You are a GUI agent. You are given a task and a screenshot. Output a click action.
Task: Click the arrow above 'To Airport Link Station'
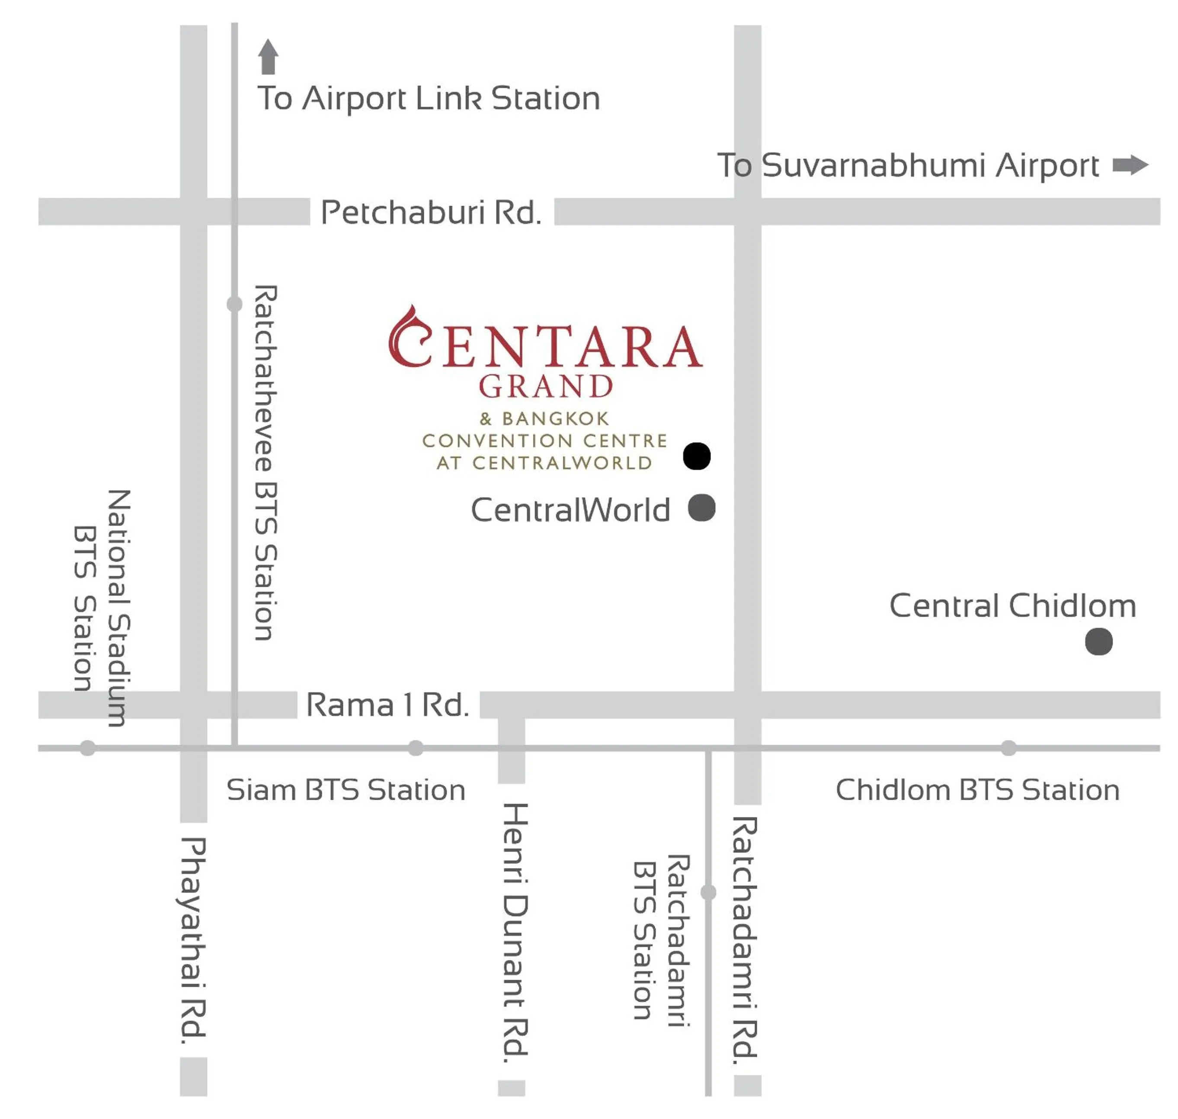coord(268,57)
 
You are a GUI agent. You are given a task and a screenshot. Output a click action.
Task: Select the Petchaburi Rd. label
coord(431,212)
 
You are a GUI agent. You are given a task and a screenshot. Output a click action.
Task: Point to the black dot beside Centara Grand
coord(696,457)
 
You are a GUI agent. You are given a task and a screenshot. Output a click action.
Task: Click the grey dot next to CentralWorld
coord(702,508)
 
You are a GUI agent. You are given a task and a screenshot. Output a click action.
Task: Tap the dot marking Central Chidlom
coord(1099,642)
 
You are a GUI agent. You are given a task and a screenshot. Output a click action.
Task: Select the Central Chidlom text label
coord(1012,606)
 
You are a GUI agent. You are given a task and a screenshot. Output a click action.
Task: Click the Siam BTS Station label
coord(346,790)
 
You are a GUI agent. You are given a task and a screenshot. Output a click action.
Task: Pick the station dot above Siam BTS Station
coord(416,748)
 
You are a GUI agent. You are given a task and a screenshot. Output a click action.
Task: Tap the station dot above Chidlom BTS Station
coord(1008,748)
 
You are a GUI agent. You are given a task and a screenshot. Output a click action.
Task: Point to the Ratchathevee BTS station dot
coord(235,304)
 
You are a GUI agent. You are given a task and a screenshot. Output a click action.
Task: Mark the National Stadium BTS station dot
coord(88,748)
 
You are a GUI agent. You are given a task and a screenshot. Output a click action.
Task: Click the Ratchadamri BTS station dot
coord(708,892)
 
